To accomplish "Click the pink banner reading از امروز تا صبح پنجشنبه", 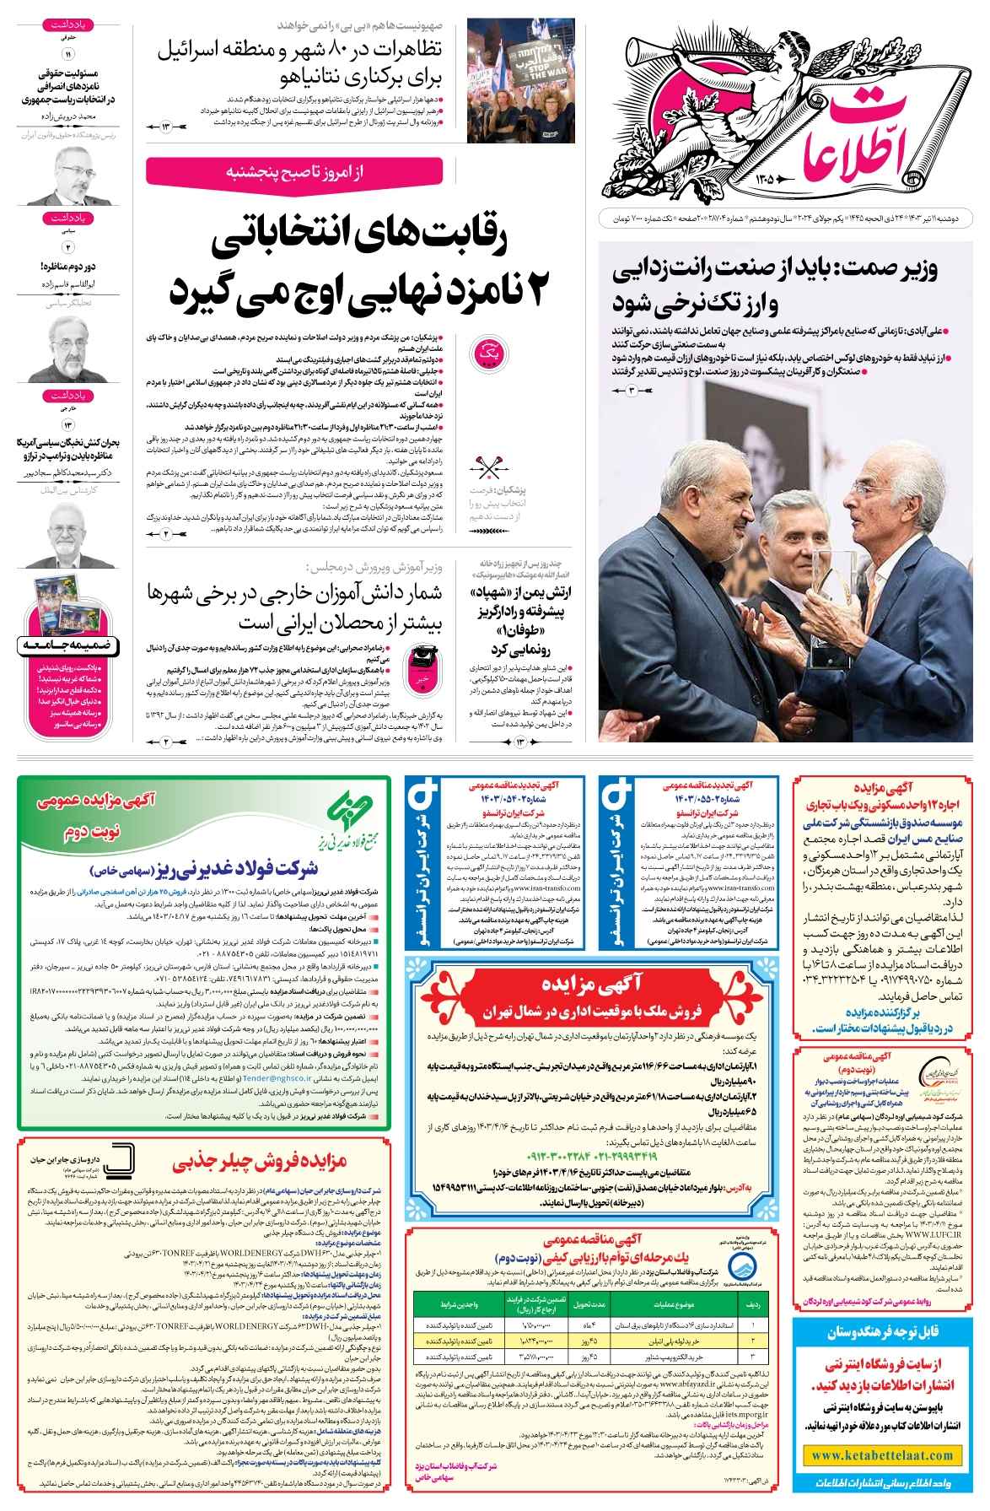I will point(299,172).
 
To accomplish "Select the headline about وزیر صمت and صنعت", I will point(780,285).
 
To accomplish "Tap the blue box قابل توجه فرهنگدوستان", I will point(883,1331).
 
